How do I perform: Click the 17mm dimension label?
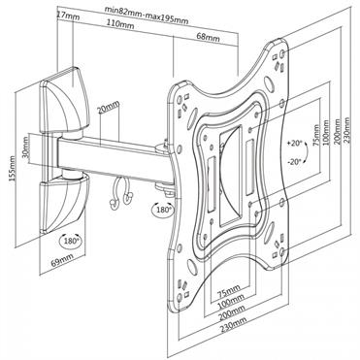(x=67, y=16)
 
